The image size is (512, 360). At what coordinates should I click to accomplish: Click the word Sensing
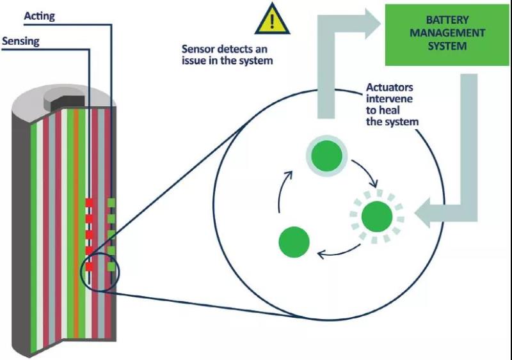tap(21, 42)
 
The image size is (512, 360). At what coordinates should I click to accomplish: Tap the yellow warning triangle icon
tap(273, 20)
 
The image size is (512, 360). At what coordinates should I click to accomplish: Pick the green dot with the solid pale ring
tap(326, 154)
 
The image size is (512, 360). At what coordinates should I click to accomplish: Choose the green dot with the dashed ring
tap(377, 217)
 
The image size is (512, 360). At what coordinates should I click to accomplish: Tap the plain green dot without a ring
tap(294, 242)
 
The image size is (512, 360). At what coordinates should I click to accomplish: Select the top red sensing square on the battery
tap(90, 203)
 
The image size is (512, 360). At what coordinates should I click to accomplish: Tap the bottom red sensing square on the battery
tap(90, 266)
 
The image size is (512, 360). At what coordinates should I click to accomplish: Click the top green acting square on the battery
tap(111, 203)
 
